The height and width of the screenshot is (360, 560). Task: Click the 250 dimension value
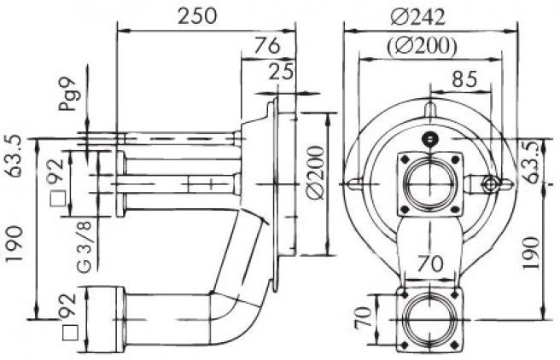(197, 15)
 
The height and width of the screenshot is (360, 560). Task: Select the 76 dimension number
(267, 46)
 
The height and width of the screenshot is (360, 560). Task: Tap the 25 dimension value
(281, 72)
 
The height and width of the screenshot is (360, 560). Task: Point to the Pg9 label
(69, 94)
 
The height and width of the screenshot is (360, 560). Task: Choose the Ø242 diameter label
(417, 17)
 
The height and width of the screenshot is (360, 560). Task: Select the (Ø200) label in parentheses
(422, 46)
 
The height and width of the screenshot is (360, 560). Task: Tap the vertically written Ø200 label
(316, 172)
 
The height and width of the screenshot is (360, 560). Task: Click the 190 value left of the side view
(15, 244)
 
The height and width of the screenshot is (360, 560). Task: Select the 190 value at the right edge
(531, 253)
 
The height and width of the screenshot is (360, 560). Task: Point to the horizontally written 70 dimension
(430, 264)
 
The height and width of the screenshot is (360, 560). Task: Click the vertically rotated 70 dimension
(363, 317)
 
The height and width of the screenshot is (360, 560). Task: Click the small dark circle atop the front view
(429, 138)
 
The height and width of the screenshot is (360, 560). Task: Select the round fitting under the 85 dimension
(488, 183)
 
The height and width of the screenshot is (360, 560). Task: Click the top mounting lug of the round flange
(429, 109)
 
